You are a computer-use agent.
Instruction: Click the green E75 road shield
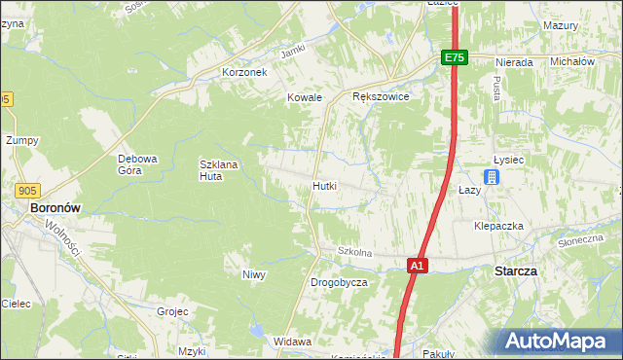(x=455, y=57)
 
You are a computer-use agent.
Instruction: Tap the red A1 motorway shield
(x=417, y=265)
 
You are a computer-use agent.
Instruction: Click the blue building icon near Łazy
(x=493, y=177)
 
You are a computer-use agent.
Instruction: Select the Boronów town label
(x=55, y=207)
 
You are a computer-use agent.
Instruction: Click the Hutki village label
(x=325, y=185)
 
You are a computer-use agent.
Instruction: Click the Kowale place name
(x=304, y=97)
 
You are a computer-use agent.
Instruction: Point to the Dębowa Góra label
(x=137, y=164)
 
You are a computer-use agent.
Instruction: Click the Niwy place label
(x=254, y=274)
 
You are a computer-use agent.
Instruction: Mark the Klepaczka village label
(x=498, y=226)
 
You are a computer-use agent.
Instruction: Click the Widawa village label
(x=292, y=342)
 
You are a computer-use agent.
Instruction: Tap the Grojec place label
(x=172, y=312)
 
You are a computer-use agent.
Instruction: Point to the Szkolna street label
(x=355, y=252)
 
